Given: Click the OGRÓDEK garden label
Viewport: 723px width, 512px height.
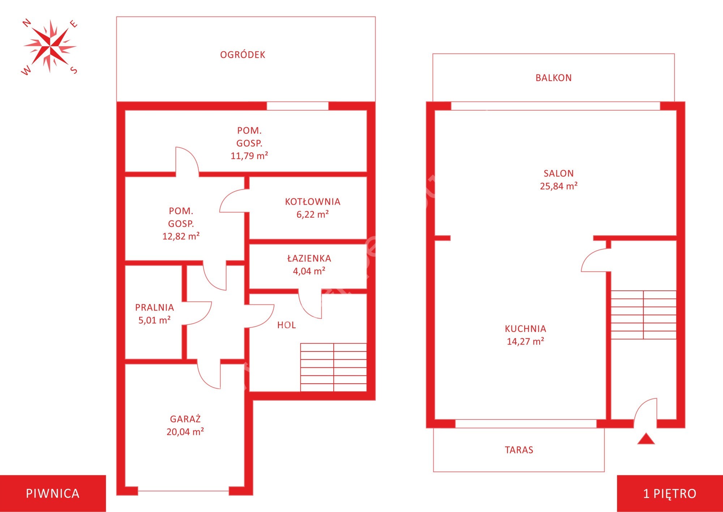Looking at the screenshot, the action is pos(243,55).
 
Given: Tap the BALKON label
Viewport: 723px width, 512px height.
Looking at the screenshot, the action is pos(553,78).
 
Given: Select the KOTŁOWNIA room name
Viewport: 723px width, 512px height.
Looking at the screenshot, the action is pos(313,201).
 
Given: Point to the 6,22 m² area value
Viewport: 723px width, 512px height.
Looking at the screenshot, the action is pos(313,214).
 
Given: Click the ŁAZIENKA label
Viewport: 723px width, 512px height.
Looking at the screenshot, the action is pos(309,258).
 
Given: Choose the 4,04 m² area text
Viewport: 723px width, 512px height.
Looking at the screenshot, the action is pos(309,271).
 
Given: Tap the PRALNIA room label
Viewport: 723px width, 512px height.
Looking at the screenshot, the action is pos(154,307).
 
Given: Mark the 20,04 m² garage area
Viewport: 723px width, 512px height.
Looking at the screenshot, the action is pos(185,431).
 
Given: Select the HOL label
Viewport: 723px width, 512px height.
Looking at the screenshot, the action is pos(286,325).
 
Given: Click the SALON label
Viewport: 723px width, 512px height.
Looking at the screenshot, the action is pos(559,173).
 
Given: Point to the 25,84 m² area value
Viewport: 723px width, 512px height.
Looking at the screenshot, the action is pos(559,186).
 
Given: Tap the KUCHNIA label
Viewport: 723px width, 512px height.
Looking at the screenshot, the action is pos(525,329).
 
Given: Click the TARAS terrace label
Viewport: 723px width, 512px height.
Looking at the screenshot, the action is pos(519,450).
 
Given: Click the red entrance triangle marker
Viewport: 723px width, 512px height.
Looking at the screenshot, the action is pos(646,440).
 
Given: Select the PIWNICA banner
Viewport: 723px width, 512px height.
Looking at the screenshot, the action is pos(53,494).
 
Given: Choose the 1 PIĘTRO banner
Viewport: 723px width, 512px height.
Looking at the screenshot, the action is pos(670,494).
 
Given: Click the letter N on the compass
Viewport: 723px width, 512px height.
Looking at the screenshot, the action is pos(27,24).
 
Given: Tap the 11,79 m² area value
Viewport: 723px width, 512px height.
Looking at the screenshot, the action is pos(249,156).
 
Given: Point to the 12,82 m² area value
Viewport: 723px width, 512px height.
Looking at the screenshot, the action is pos(181,236).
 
